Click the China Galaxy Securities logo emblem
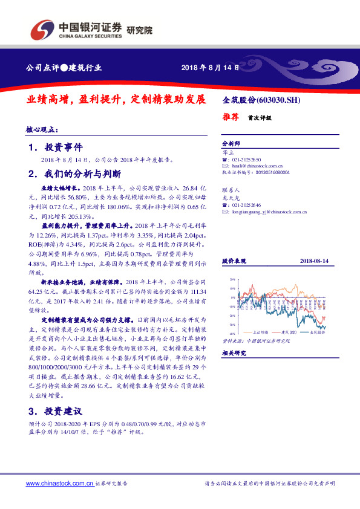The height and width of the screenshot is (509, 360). [x=42, y=28]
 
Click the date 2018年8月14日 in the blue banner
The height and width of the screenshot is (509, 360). [x=206, y=67]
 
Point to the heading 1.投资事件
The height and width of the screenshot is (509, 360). [x=59, y=147]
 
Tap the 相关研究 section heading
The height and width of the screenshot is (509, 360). [x=233, y=352]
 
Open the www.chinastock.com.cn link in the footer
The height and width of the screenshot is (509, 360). [x=61, y=484]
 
